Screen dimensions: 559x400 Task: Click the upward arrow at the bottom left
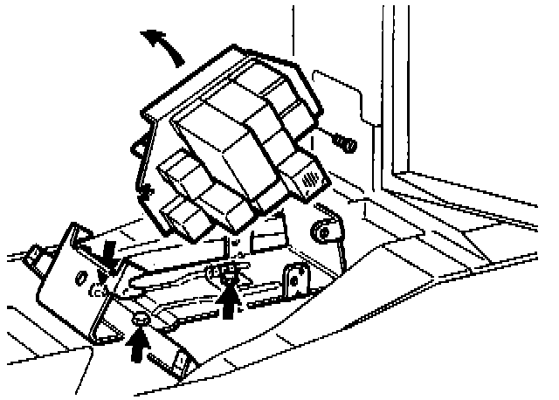(138, 345)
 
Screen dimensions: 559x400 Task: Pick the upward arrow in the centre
(229, 300)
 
